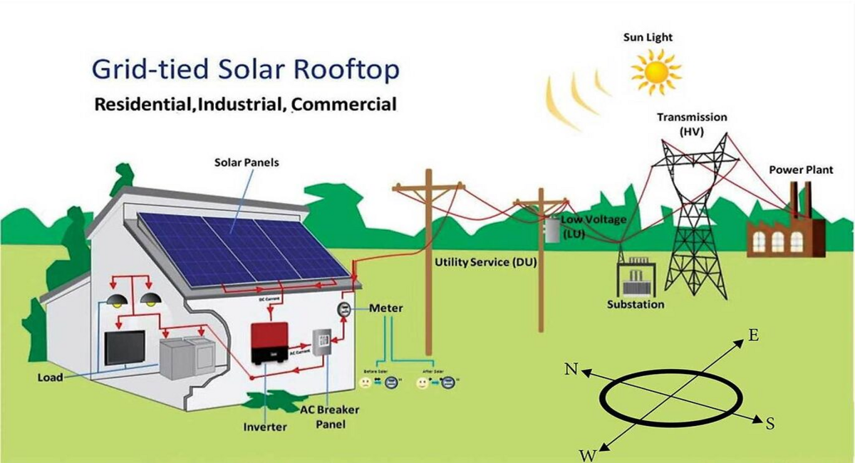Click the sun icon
pyautogui.click(x=655, y=71)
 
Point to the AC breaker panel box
pyautogui.click(x=323, y=349)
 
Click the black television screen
pyautogui.click(x=125, y=348)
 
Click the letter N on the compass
pyautogui.click(x=571, y=368)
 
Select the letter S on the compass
pyautogui.click(x=769, y=424)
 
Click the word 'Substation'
pyautogui.click(x=636, y=304)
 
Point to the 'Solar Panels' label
pyautogui.click(x=247, y=162)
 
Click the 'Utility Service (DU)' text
pyautogui.click(x=482, y=262)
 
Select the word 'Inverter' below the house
pyautogui.click(x=265, y=427)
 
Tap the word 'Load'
pyautogui.click(x=50, y=377)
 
